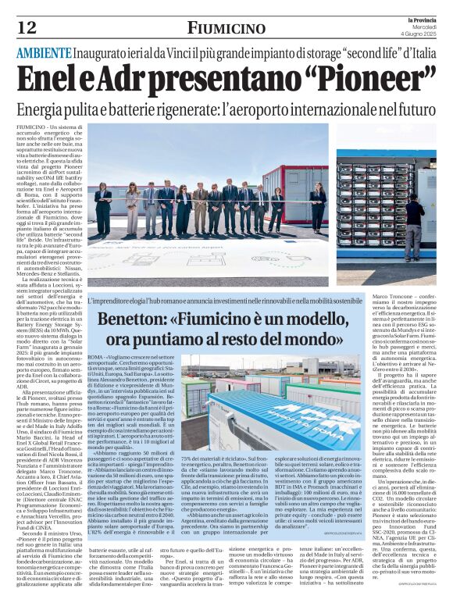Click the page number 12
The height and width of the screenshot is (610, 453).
27,28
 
